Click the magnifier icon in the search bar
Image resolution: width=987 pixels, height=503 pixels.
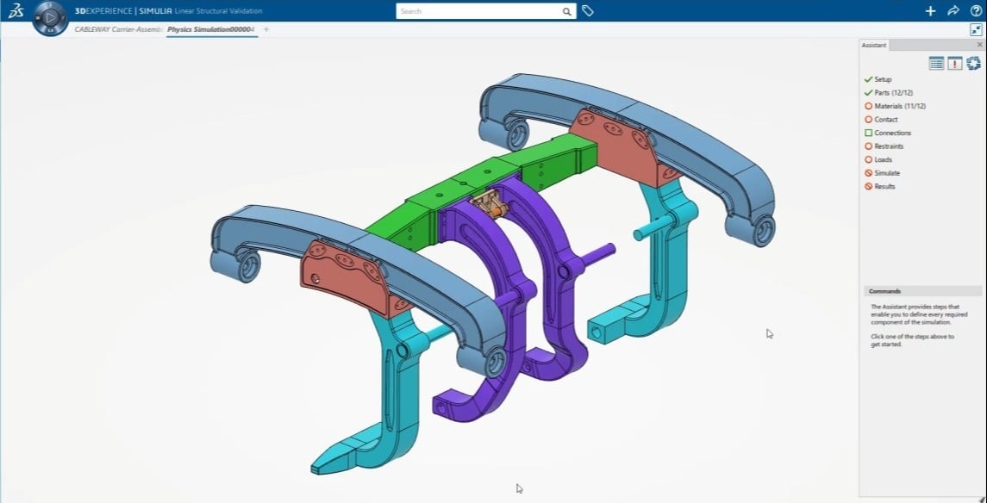(566, 11)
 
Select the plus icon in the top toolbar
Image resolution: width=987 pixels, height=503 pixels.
(930, 11)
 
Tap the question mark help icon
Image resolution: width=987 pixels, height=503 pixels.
(976, 11)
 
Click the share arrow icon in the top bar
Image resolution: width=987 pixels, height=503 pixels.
(953, 11)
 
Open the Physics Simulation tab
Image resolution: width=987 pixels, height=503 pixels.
(210, 29)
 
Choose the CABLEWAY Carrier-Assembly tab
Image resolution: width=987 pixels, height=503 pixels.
(118, 29)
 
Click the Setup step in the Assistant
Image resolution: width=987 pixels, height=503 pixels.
(883, 79)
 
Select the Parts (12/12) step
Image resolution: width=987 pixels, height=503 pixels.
(893, 93)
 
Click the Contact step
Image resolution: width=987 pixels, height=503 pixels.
(885, 120)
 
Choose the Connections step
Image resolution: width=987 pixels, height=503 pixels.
(892, 133)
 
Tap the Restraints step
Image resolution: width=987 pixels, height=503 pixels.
(889, 146)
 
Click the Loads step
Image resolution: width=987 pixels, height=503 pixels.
(883, 159)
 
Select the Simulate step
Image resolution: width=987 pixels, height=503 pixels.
(886, 173)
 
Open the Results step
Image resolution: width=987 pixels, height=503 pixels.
(884, 186)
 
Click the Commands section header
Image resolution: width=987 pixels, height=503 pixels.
(885, 291)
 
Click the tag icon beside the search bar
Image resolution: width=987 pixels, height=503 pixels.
(588, 11)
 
